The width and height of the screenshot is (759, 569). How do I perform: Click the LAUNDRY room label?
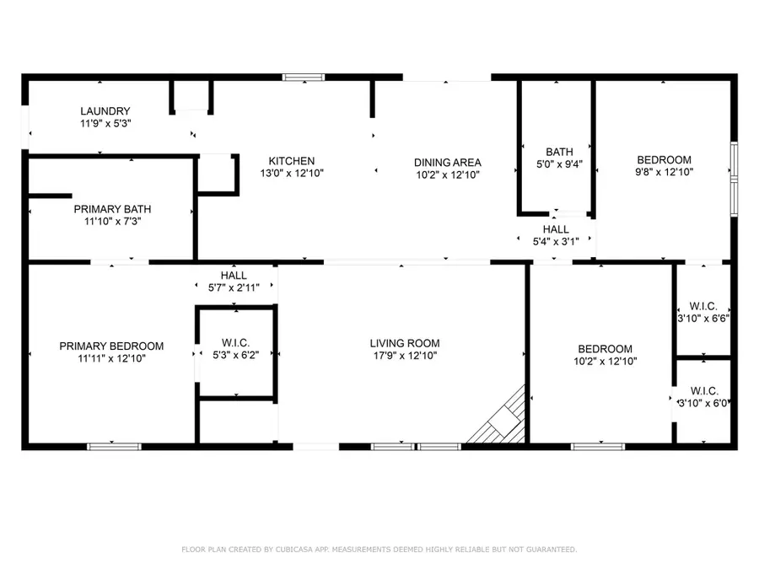tap(105, 111)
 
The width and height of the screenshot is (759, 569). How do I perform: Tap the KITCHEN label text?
tap(292, 161)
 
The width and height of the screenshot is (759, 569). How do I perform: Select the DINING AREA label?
tap(447, 163)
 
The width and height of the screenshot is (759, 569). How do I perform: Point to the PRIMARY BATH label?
tap(112, 209)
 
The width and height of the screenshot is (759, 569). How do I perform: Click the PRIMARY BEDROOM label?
tap(111, 346)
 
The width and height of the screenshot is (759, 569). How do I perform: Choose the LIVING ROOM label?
tap(405, 343)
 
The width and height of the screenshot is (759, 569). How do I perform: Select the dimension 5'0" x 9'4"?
tap(558, 164)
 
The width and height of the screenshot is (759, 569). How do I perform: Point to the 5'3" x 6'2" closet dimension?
tap(234, 355)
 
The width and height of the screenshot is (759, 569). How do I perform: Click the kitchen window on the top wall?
tap(303, 78)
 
